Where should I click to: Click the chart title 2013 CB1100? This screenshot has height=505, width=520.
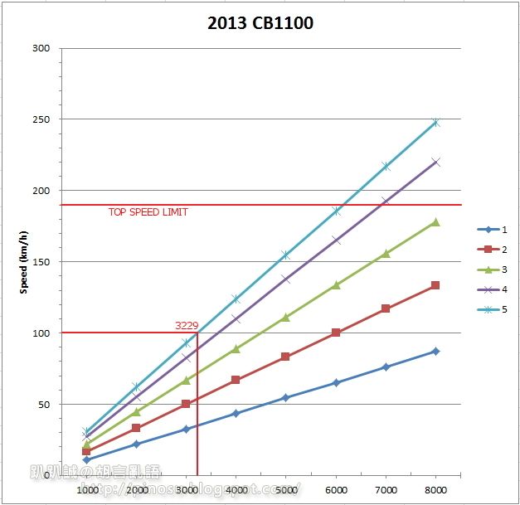(x=260, y=22)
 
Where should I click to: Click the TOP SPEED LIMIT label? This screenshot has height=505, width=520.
(x=148, y=212)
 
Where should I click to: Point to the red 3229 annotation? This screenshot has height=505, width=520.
(x=186, y=326)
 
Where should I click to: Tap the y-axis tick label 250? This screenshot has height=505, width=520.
(x=41, y=119)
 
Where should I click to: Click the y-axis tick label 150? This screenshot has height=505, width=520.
(x=41, y=262)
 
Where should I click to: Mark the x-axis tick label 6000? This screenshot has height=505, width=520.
(x=336, y=490)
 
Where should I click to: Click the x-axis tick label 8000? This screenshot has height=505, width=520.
(x=435, y=490)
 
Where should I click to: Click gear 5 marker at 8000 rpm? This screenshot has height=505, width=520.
(x=435, y=123)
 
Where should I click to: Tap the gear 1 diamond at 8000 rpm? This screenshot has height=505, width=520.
(x=435, y=351)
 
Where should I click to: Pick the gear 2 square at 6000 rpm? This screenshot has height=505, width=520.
(x=336, y=333)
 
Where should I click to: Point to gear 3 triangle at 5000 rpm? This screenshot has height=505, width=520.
(x=286, y=317)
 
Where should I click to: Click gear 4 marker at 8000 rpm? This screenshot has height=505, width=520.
(x=435, y=163)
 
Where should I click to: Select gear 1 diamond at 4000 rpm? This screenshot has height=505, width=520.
(x=236, y=413)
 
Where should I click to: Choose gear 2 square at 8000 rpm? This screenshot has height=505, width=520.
(x=435, y=285)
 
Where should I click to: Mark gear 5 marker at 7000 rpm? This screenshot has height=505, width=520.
(x=386, y=167)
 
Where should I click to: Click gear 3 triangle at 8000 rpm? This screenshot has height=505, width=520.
(x=435, y=221)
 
